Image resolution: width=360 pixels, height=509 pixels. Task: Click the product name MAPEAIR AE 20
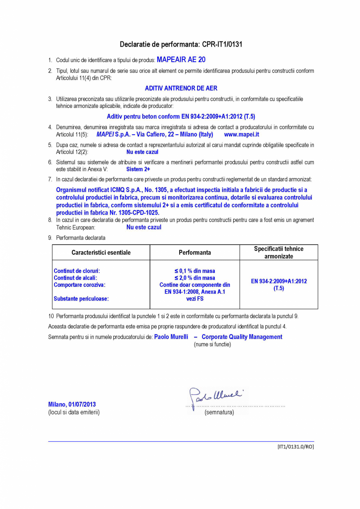(x=181, y=60)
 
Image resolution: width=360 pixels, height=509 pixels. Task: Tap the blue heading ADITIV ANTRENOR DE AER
(x=181, y=88)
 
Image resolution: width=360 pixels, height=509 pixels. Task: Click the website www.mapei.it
(x=241, y=134)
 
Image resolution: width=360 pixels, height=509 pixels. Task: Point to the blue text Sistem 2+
(x=138, y=169)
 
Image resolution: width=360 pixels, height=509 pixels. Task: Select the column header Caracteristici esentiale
(x=101, y=252)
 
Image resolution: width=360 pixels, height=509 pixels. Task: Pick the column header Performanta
(x=194, y=252)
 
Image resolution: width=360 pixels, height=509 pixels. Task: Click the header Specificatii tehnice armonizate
(x=279, y=252)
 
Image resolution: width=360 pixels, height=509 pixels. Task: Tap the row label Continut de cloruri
(x=77, y=271)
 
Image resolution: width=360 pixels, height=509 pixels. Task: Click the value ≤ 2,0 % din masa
(x=194, y=278)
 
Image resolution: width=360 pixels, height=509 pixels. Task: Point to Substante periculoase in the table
(x=81, y=299)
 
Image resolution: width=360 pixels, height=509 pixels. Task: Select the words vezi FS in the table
(x=194, y=299)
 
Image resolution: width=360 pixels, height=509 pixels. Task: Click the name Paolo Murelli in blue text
(x=171, y=337)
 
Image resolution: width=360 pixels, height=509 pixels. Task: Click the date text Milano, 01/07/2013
(x=72, y=404)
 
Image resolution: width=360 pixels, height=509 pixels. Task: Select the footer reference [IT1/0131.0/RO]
(x=295, y=446)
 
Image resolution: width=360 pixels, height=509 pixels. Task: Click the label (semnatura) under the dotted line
(x=219, y=412)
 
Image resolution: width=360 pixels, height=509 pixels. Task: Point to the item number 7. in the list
(x=50, y=179)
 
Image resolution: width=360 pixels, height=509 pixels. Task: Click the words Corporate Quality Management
(x=242, y=337)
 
